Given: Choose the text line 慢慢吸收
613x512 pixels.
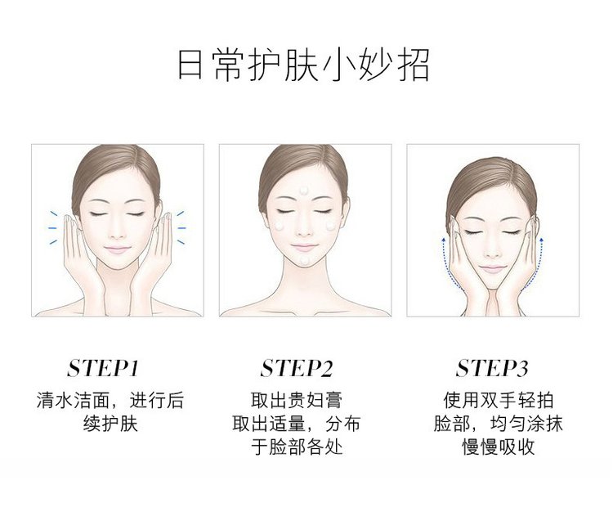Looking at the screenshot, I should (x=499, y=447).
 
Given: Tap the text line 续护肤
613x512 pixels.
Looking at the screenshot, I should (x=110, y=424).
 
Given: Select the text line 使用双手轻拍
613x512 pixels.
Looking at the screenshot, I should (x=499, y=400).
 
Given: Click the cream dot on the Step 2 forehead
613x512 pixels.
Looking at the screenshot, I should (x=304, y=191).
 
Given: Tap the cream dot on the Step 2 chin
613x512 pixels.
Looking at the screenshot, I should (x=304, y=260).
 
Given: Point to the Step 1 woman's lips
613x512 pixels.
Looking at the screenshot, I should (x=116, y=249).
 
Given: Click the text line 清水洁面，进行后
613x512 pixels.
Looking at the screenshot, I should (x=110, y=400).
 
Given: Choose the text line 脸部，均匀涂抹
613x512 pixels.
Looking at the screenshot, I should (x=499, y=424).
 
